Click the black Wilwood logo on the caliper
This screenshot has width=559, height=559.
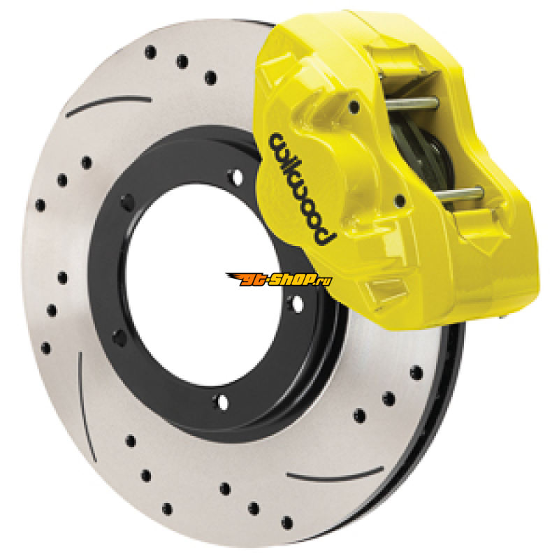click(303, 189)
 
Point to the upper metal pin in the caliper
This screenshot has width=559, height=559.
click(412, 103)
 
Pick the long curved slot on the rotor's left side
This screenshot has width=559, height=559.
click(86, 407)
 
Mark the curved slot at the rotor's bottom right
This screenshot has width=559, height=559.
click(335, 474)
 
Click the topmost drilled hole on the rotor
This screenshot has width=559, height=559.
click(150, 52)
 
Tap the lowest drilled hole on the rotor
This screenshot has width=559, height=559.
click(286, 523)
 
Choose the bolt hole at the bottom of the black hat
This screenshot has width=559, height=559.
click(222, 402)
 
